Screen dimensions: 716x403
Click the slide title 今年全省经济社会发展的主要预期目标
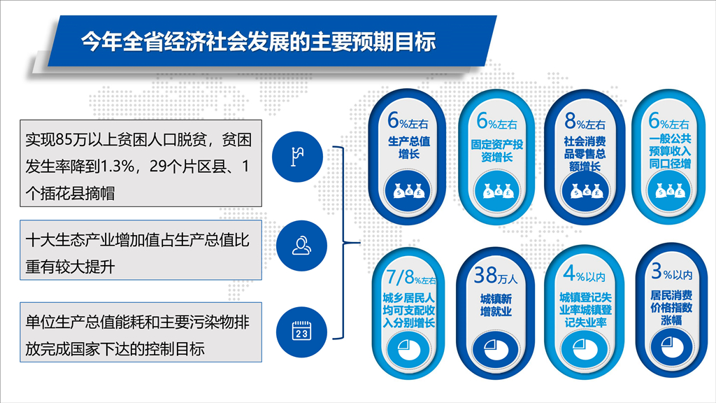point(259,41)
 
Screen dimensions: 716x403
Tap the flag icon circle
point(297,157)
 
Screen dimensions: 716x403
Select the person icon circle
point(301,246)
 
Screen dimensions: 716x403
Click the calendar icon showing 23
point(301,331)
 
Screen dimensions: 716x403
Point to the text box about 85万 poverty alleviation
point(141,163)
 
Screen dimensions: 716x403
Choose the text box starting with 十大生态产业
point(141,250)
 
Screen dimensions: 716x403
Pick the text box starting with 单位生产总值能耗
point(141,332)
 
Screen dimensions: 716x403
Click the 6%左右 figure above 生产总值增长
point(408,121)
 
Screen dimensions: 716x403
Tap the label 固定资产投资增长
point(497,151)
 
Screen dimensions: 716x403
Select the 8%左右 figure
point(585,122)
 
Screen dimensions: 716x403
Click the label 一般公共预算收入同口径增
point(670,151)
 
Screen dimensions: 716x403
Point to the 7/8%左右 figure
point(410,277)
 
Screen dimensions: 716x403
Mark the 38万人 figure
point(496,276)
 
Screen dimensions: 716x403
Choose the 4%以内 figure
point(584,274)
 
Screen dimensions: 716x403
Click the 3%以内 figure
point(671,272)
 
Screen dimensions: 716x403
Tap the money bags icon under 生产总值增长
point(408,190)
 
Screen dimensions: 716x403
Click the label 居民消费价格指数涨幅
point(671,308)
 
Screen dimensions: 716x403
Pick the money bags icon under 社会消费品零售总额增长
point(585,191)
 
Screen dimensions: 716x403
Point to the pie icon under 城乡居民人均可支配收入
point(408,348)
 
